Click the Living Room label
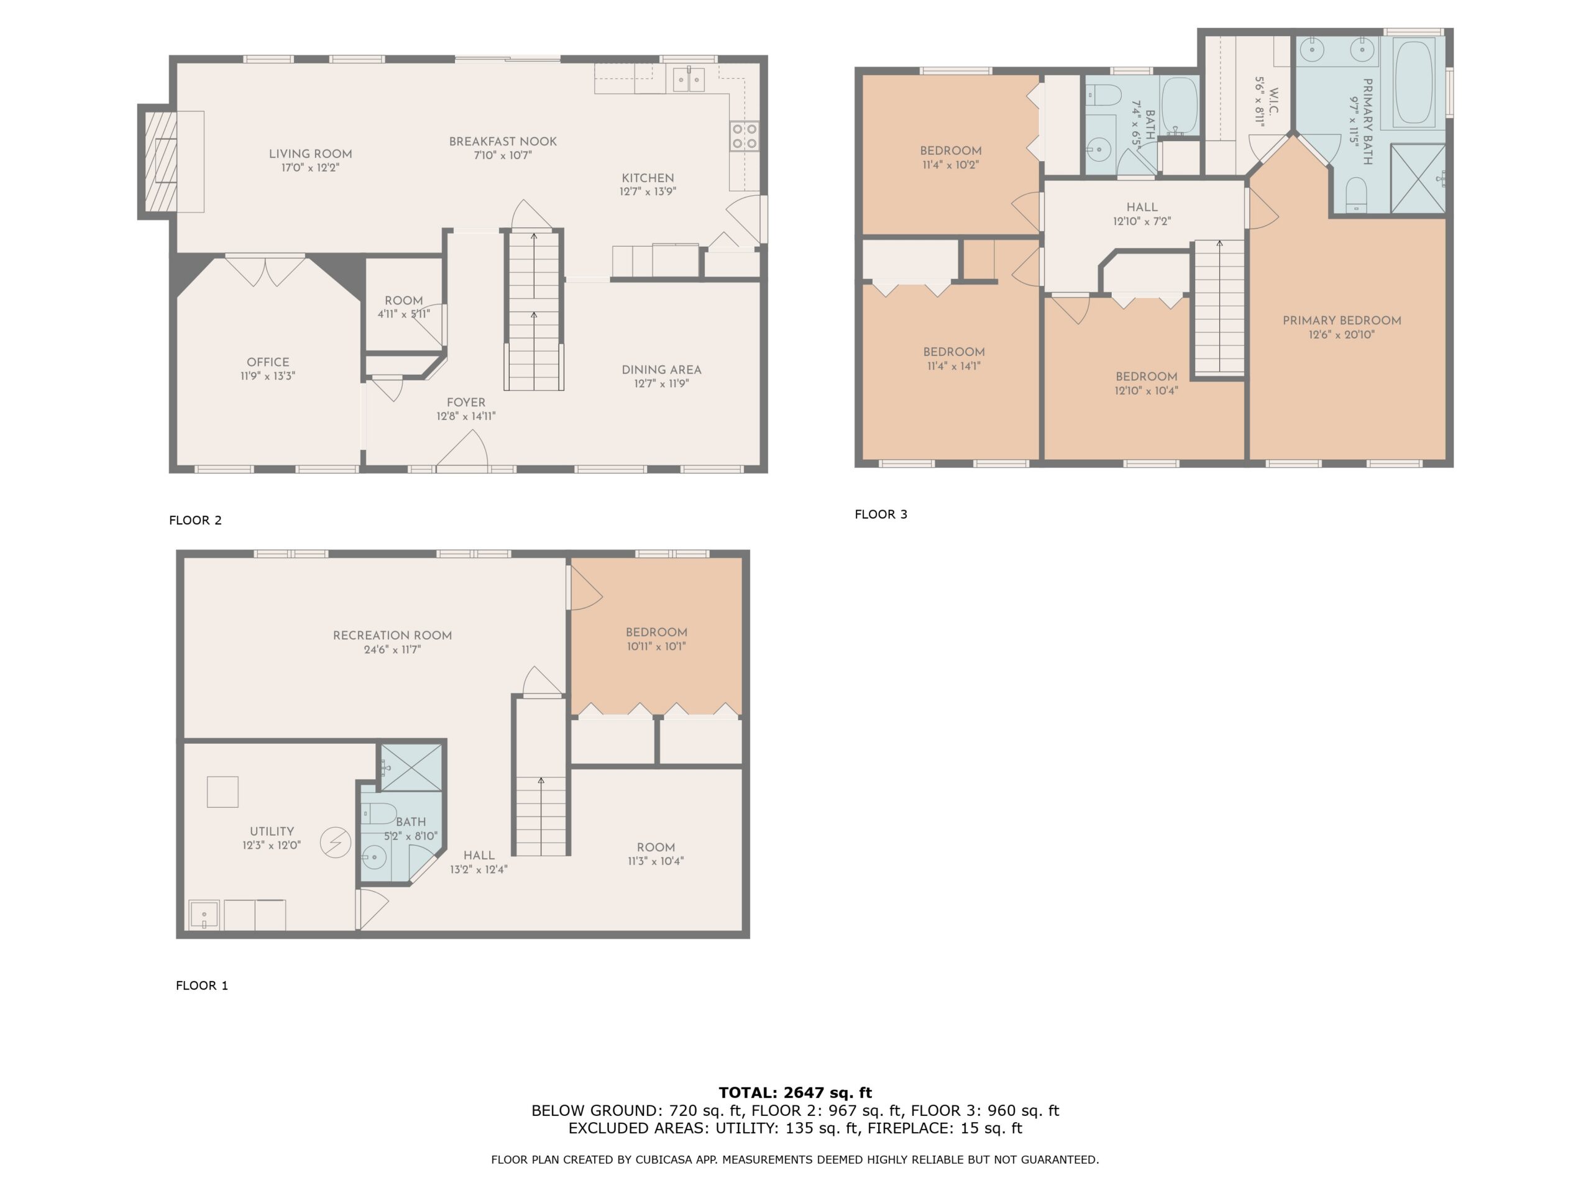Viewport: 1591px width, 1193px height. [311, 154]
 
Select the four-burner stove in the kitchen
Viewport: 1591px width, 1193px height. [745, 137]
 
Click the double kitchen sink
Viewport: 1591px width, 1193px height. [689, 79]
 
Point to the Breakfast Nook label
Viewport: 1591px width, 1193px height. [503, 142]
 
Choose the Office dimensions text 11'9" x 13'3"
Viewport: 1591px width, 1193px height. [268, 376]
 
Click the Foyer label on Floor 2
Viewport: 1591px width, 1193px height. [466, 403]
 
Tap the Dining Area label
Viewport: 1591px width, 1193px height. [661, 370]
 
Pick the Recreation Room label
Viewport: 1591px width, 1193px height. [392, 636]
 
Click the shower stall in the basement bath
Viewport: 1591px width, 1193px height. [411, 767]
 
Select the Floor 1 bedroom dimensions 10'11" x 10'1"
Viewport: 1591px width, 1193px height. [656, 646]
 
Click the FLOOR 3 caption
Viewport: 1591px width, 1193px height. [881, 514]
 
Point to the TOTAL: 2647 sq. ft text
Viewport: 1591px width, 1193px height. [795, 1093]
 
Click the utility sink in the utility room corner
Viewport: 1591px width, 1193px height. [204, 915]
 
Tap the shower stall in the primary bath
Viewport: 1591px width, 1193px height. [1418, 179]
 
